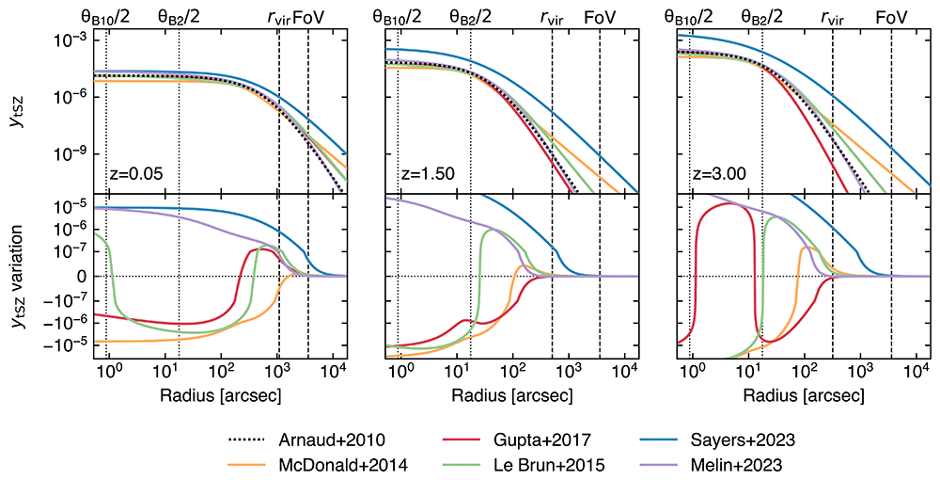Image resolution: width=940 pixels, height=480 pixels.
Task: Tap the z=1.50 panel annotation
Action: point(428,175)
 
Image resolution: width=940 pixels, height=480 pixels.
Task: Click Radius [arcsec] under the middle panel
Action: point(512,396)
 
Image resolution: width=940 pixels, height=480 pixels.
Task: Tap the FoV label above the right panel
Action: point(891,17)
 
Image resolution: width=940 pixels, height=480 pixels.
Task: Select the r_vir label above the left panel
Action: point(279,18)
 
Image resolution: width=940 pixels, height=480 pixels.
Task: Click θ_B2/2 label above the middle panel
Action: point(471,17)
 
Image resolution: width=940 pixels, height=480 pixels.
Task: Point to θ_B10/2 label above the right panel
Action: point(689,17)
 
